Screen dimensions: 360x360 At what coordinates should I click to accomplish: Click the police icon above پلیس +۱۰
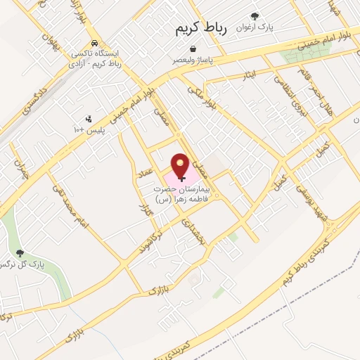[87, 119]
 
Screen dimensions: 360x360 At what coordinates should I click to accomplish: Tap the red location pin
[182, 167]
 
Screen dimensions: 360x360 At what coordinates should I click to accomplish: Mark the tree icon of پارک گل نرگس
[19, 253]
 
